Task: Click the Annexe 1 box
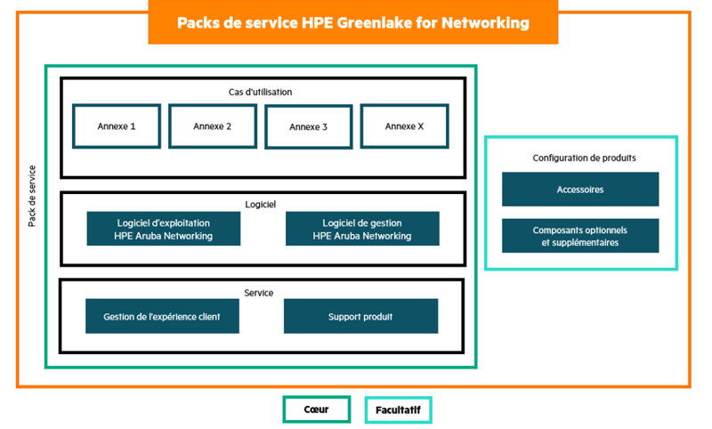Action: point(117,126)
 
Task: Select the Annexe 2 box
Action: point(213,126)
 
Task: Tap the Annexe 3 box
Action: point(309,127)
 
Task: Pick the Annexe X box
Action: point(404,126)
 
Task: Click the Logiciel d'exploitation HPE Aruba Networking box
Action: point(164,229)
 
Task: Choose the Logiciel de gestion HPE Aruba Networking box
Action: point(362,229)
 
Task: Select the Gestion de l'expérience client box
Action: point(162,316)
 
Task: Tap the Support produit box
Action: point(360,316)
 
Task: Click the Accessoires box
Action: point(580,190)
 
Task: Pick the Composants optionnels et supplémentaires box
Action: point(580,236)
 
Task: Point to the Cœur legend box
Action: point(316,409)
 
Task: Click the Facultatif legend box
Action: point(398,409)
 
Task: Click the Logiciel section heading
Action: point(261,204)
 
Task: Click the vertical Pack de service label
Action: point(32,196)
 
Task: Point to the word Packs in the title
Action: point(199,22)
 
